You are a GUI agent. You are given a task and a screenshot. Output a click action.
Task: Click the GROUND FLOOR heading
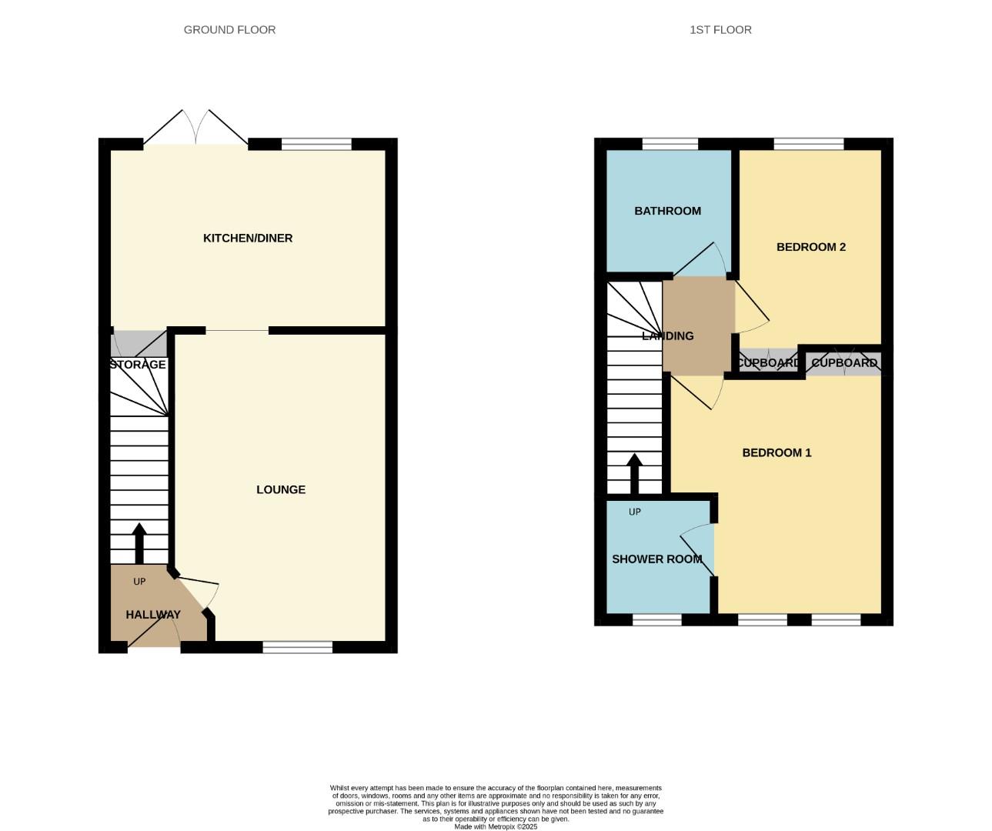[x=229, y=30]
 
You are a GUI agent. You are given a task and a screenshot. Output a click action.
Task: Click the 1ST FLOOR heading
[x=720, y=30]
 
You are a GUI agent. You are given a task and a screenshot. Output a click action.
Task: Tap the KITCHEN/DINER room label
[x=248, y=239]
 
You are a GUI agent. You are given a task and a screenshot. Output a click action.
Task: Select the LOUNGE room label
[x=281, y=489]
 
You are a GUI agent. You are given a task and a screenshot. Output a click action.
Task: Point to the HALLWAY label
[x=153, y=615]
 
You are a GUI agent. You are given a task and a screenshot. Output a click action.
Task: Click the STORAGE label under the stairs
[x=138, y=365]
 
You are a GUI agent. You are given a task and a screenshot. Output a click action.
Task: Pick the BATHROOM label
[x=667, y=211]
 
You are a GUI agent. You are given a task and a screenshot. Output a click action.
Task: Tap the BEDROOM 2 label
[x=810, y=247]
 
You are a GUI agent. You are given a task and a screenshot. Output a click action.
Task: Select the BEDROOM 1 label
[x=777, y=452]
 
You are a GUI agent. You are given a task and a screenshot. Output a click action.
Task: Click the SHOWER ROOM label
[x=656, y=559]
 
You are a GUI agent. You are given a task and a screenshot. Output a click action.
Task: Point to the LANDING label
[x=668, y=336]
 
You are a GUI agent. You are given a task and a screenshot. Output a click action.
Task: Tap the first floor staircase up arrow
[x=635, y=473]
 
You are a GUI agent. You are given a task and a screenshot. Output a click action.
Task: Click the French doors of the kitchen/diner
[x=195, y=129]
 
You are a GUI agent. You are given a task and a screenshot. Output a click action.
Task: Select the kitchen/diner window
[x=316, y=144]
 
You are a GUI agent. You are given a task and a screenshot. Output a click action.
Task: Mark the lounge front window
[x=297, y=647]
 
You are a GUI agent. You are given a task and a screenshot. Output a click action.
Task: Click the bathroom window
[x=670, y=144]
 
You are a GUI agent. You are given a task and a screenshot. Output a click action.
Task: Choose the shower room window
[x=657, y=619]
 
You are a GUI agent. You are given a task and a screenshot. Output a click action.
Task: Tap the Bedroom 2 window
[x=808, y=144]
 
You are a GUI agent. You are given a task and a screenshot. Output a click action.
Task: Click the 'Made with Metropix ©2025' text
[x=496, y=826]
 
